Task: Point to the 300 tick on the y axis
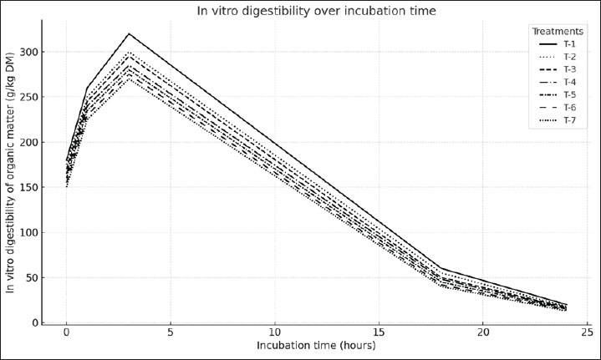point(29,52)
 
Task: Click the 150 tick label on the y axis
point(29,187)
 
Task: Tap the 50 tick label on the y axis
point(33,277)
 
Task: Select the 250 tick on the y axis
point(29,97)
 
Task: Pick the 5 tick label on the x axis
point(171,332)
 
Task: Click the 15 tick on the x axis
point(379,332)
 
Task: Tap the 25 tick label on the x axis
point(587,332)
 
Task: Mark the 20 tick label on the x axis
point(483,332)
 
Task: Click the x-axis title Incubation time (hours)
point(316,346)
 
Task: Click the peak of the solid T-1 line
point(129,33)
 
